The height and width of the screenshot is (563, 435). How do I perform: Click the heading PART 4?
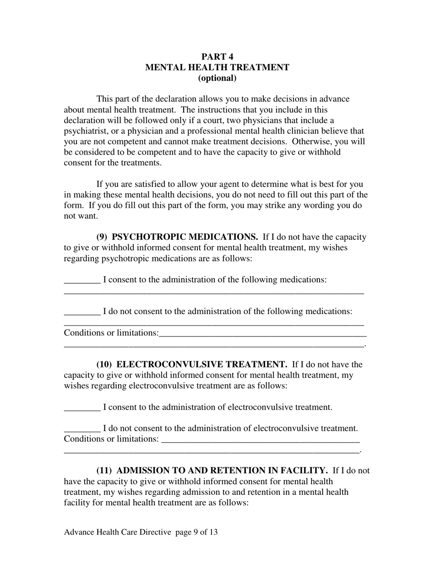(217, 57)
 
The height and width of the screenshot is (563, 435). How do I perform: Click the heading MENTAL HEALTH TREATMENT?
(217, 67)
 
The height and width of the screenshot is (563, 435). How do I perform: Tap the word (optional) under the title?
(217, 78)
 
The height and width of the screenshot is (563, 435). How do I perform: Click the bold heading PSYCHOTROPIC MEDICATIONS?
(185, 237)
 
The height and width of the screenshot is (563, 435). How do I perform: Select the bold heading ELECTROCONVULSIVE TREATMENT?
(202, 364)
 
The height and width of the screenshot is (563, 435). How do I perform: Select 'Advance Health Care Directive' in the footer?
(118, 532)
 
